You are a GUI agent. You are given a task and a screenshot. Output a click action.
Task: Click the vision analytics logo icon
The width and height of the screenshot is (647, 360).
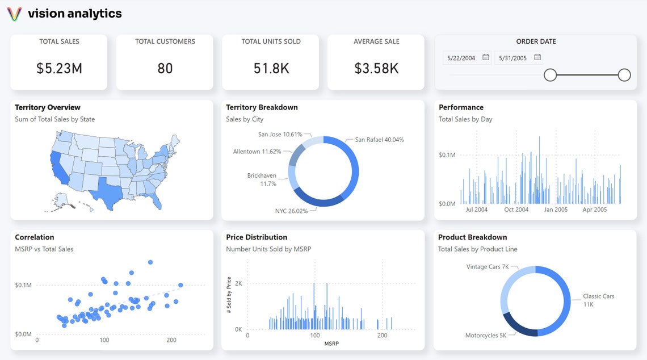tap(14, 14)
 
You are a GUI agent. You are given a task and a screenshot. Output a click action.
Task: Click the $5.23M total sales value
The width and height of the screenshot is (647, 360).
tap(59, 69)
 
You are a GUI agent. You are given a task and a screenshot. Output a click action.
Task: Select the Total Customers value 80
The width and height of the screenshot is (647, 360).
tap(165, 69)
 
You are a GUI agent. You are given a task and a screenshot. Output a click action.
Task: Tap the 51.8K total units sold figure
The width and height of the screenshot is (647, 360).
tap(271, 69)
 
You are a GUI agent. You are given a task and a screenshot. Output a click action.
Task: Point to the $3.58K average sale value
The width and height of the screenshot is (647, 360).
tap(376, 69)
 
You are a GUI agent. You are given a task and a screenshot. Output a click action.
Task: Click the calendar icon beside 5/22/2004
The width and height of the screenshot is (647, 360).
tap(486, 57)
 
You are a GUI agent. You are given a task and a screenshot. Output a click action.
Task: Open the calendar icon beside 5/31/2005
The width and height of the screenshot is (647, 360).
tap(537, 57)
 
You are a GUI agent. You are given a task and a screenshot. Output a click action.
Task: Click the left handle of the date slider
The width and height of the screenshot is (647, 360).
tap(550, 75)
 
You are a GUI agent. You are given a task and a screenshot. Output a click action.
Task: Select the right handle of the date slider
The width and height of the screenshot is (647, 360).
tap(624, 75)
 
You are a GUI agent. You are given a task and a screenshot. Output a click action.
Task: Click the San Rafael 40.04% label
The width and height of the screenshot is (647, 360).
tap(379, 140)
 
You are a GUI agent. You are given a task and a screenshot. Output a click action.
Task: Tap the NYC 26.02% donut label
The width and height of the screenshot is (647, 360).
tap(291, 211)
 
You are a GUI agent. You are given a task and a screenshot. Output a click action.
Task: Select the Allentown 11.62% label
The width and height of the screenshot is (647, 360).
tap(257, 152)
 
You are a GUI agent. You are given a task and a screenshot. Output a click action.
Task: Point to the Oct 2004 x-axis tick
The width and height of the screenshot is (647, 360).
tap(516, 210)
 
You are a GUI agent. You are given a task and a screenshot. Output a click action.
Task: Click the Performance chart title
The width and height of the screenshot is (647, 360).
tap(461, 107)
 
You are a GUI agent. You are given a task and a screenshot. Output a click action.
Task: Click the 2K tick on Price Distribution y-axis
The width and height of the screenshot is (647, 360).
tap(238, 283)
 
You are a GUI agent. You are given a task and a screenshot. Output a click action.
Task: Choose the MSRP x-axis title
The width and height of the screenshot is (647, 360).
tap(331, 344)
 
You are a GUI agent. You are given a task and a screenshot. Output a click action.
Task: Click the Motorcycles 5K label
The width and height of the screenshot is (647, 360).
tap(486, 336)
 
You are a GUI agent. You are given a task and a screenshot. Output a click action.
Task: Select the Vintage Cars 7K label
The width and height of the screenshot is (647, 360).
tap(488, 267)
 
